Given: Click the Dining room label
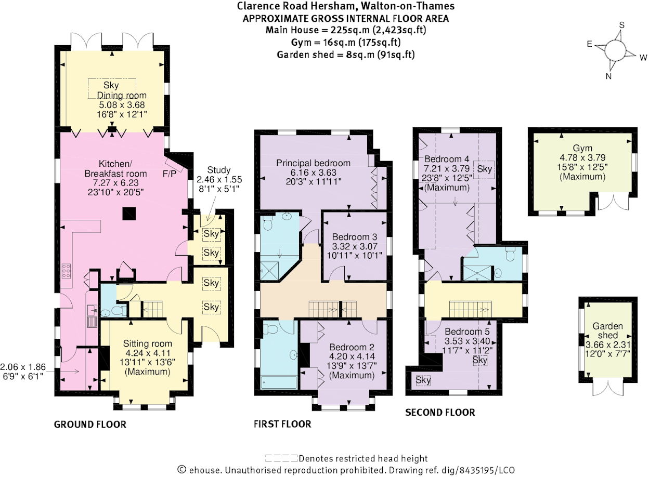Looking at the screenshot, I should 122,96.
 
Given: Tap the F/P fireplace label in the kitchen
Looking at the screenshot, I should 170,173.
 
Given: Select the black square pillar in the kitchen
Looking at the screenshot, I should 128,212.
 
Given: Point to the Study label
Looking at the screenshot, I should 219,170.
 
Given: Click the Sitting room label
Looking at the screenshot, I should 147,343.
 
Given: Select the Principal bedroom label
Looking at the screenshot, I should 313,163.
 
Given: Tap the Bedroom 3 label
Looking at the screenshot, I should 354,236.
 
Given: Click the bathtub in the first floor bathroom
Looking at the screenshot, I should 278,382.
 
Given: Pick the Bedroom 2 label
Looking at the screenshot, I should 344,347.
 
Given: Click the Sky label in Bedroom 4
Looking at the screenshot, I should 485,169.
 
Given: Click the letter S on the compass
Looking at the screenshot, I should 620,25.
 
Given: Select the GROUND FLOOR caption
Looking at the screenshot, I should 90,425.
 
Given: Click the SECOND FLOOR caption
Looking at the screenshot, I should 440,413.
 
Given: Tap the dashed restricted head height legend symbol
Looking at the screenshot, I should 281,458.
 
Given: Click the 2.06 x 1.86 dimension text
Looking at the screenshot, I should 23,366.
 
